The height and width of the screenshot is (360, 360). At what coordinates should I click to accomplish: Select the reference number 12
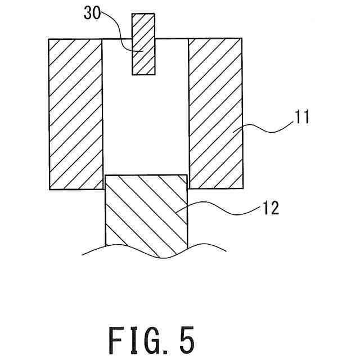tap(268, 208)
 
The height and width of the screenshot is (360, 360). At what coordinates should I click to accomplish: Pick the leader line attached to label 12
tap(225, 211)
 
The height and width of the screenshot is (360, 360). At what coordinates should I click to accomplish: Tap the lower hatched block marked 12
tap(146, 214)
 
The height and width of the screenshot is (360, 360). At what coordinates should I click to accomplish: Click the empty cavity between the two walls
tap(146, 124)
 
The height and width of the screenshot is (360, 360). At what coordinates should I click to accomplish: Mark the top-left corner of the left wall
tap(49, 39)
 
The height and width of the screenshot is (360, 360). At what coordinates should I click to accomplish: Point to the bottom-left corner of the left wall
tap(49, 189)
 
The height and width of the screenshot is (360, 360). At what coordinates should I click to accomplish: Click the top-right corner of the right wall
tap(243, 39)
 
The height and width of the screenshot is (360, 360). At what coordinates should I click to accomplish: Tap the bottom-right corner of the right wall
tap(243, 188)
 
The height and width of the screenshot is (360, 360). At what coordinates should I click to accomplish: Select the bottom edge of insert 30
tap(143, 74)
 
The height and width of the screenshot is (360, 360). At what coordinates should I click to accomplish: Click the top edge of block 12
tap(146, 174)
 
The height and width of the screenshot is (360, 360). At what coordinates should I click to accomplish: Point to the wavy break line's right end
tap(226, 250)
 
